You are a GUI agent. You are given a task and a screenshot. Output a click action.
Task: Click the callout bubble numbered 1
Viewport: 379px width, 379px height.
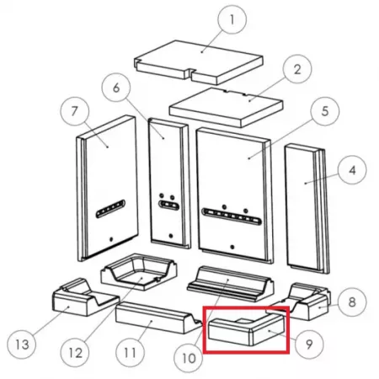pyautogui.click(x=232, y=19)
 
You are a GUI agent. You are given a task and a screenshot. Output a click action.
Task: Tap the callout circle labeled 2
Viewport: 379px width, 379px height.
pyautogui.click(x=297, y=69)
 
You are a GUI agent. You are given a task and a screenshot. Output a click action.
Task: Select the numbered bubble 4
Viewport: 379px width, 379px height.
pyautogui.click(x=352, y=170)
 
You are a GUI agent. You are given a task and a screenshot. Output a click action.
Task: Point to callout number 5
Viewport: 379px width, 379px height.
pyautogui.click(x=325, y=111)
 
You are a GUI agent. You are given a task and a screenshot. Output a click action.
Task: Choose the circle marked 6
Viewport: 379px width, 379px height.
pyautogui.click(x=116, y=88)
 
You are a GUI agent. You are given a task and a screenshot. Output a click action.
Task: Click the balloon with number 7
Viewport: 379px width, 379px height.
pyautogui.click(x=75, y=111)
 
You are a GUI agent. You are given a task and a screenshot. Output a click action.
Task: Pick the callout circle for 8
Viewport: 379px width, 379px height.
pyautogui.click(x=352, y=302)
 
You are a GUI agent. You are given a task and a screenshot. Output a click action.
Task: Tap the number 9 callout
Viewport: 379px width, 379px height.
pyautogui.click(x=309, y=344)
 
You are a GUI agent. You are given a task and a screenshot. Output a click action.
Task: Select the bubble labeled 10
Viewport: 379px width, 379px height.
pyautogui.click(x=189, y=358)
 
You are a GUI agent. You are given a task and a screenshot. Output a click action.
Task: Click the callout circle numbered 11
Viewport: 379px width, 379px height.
pyautogui.click(x=130, y=353)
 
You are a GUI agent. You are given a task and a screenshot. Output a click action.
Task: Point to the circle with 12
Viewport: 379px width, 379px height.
pyautogui.click(x=76, y=353)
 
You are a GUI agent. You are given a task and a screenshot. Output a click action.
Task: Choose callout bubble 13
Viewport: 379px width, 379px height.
pyautogui.click(x=22, y=344)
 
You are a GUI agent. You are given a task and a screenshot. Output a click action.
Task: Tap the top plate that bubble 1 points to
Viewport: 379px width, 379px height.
pyautogui.click(x=198, y=62)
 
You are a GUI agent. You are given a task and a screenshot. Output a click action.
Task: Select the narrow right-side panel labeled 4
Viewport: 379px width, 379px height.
pyautogui.click(x=306, y=208)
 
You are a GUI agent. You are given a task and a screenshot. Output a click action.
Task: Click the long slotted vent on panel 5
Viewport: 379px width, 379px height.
pyautogui.click(x=232, y=216)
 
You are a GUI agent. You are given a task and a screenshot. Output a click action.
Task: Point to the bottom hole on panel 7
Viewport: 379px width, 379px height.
pyautogui.click(x=111, y=239)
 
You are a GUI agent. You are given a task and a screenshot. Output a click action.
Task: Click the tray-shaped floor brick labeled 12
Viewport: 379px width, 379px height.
pyautogui.click(x=139, y=272)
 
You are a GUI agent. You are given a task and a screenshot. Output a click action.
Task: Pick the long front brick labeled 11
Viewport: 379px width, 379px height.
pyautogui.click(x=158, y=318)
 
